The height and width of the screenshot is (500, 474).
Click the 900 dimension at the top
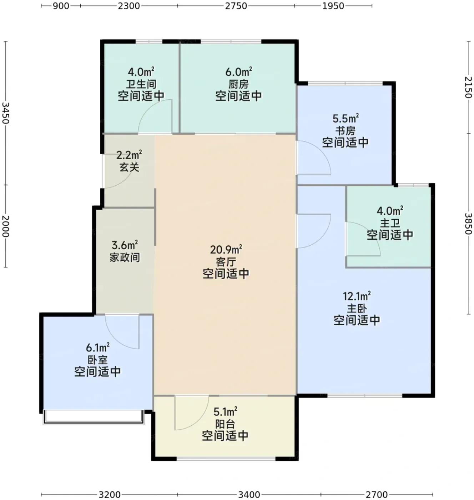point(61,6)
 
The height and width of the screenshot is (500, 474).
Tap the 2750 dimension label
point(236,6)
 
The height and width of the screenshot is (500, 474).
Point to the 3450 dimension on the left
point(6,113)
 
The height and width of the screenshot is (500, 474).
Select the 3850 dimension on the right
point(468,224)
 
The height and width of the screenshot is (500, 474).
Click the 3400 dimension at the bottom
point(249,495)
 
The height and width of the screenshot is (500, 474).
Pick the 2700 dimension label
point(377,495)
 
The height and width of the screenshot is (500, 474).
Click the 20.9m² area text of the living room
point(226,250)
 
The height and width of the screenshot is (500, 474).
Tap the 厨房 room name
point(238,84)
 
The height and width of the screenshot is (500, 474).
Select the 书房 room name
point(345,131)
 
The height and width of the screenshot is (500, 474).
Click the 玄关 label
point(129,167)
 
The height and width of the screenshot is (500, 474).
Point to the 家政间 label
point(125,257)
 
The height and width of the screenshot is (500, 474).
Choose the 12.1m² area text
point(357,296)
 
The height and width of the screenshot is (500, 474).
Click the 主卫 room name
point(390,223)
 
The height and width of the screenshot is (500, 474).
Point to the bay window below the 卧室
point(93,417)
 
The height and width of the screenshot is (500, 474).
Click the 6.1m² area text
point(98,347)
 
